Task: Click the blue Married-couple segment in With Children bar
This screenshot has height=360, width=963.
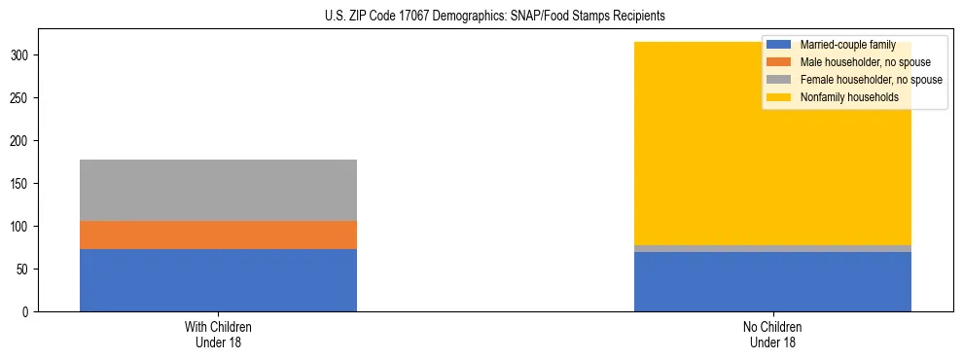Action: [x=218, y=280]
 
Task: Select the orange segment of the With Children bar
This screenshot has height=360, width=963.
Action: [x=218, y=234]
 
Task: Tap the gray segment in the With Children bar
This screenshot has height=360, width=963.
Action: [x=218, y=190]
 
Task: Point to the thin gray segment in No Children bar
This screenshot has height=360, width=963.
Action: [x=772, y=249]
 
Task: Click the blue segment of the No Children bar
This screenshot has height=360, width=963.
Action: [x=772, y=282]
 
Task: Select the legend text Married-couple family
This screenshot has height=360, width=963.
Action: [x=847, y=45]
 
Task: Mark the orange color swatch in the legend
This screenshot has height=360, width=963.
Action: [x=778, y=62]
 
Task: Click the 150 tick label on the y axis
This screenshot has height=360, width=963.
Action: [x=21, y=184]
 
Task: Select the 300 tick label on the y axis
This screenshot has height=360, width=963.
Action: [x=21, y=55]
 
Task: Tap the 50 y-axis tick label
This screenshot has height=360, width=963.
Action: [x=24, y=270]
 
